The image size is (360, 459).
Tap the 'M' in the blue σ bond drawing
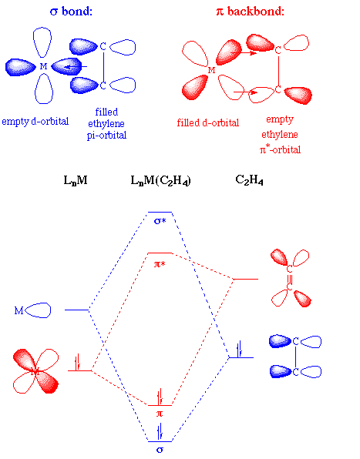click(x=44, y=66)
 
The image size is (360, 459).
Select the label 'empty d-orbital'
click(x=35, y=122)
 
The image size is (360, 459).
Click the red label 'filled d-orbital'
click(x=207, y=122)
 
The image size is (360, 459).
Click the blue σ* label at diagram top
click(x=160, y=221)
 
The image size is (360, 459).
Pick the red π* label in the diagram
click(x=160, y=263)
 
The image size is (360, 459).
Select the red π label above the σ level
click(x=160, y=414)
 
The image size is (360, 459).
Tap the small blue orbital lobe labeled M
click(x=37, y=310)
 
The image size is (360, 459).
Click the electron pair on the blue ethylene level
click(x=240, y=349)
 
